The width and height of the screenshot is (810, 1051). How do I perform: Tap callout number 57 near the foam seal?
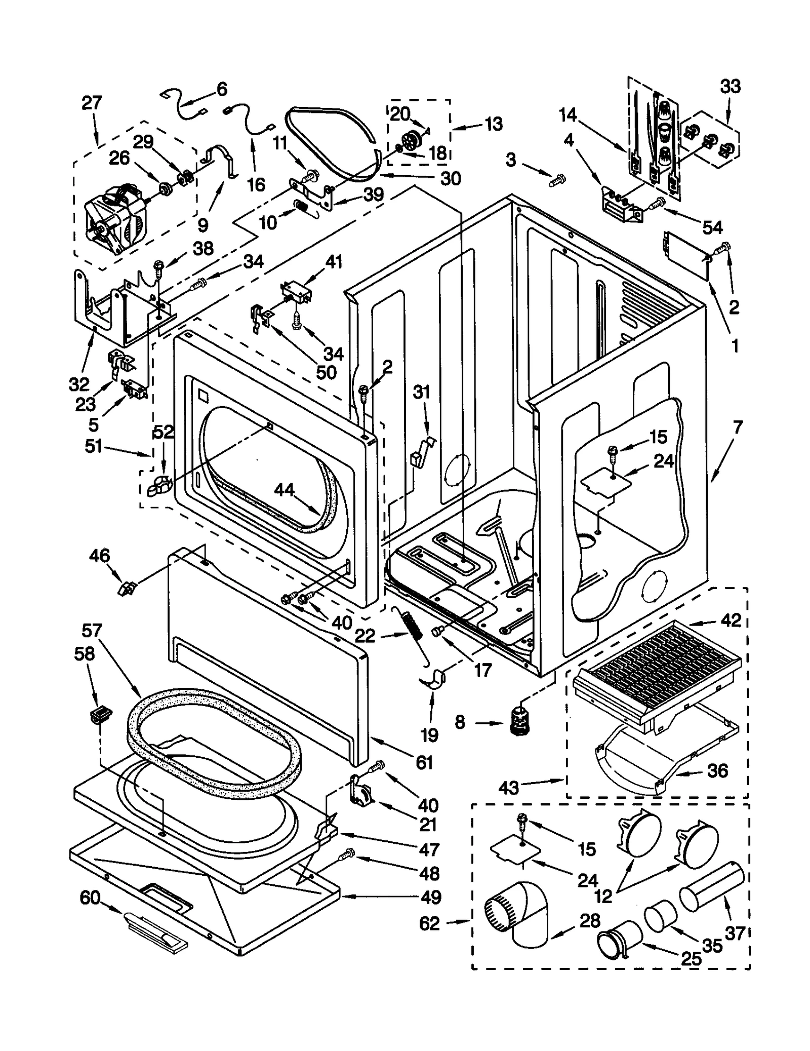[x=91, y=630]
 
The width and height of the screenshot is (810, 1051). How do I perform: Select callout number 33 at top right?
[x=730, y=87]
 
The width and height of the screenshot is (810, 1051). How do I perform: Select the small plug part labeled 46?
[x=127, y=589]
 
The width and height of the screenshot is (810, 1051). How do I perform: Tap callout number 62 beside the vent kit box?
[x=429, y=924]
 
